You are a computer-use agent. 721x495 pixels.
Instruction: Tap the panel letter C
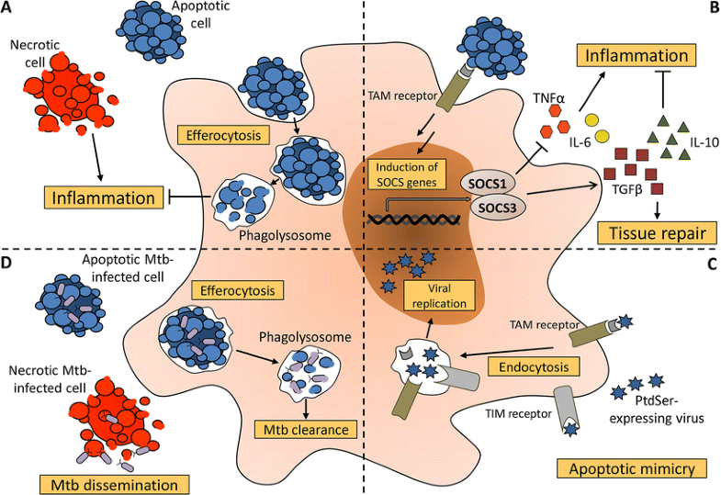point(711,262)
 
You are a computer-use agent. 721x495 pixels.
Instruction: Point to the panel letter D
point(9,263)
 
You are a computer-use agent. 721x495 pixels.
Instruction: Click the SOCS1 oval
point(491,183)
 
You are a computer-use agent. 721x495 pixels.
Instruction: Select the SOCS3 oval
point(491,208)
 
